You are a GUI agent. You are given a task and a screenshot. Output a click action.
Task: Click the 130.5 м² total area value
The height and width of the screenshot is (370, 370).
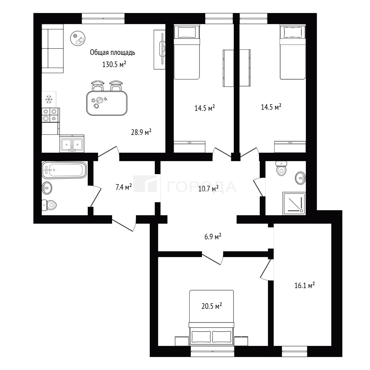114,64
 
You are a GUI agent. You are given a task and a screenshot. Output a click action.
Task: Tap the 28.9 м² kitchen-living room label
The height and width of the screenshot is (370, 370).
141,132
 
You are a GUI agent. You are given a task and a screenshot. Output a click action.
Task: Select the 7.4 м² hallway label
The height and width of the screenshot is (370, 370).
124,187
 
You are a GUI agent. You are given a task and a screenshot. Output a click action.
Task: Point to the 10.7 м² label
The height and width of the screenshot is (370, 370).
208,188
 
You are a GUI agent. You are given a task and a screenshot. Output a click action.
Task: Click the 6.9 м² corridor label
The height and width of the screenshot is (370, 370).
213,236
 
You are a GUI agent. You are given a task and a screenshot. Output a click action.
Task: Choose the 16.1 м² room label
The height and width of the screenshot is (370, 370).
305,285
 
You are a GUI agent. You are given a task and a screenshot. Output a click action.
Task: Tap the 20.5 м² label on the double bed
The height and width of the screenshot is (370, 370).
212,306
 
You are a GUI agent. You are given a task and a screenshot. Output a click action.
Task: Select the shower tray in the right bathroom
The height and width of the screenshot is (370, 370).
294,204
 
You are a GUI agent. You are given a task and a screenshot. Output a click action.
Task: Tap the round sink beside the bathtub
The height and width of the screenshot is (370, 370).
47,188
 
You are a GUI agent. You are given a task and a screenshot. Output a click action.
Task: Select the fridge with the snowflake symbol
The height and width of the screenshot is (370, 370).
49,99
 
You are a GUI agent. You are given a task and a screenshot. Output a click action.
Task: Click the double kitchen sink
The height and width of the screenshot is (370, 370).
72,144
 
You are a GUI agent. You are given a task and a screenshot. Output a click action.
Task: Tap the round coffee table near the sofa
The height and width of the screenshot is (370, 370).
78,38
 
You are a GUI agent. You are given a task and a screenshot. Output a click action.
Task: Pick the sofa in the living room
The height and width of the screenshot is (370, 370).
52,49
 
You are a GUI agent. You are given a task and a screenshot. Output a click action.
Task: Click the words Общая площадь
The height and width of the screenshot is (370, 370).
113,52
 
